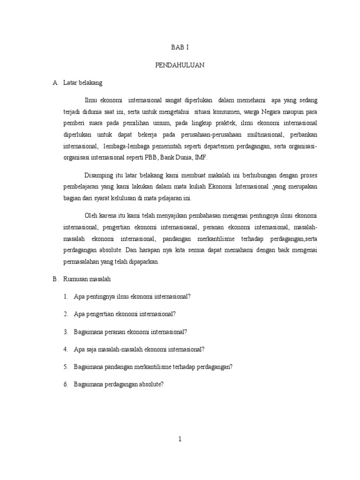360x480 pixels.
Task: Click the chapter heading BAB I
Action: point(180,48)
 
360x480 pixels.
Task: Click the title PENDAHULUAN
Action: point(180,66)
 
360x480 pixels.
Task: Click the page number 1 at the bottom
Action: point(180,439)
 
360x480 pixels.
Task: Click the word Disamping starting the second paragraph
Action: point(100,176)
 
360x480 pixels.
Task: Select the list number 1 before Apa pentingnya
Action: point(66,297)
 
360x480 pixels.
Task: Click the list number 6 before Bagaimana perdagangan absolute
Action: point(66,384)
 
